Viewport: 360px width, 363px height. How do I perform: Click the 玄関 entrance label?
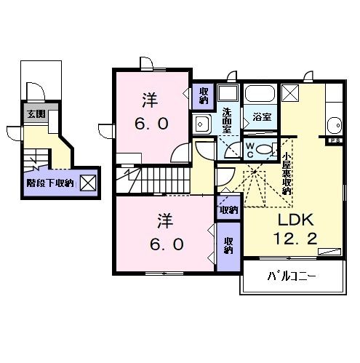36,114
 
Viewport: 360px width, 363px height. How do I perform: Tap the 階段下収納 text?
49,183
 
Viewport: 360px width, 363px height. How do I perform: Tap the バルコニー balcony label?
290,277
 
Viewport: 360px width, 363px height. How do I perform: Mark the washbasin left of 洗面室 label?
202,124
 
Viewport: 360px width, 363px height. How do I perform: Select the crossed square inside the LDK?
290,93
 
